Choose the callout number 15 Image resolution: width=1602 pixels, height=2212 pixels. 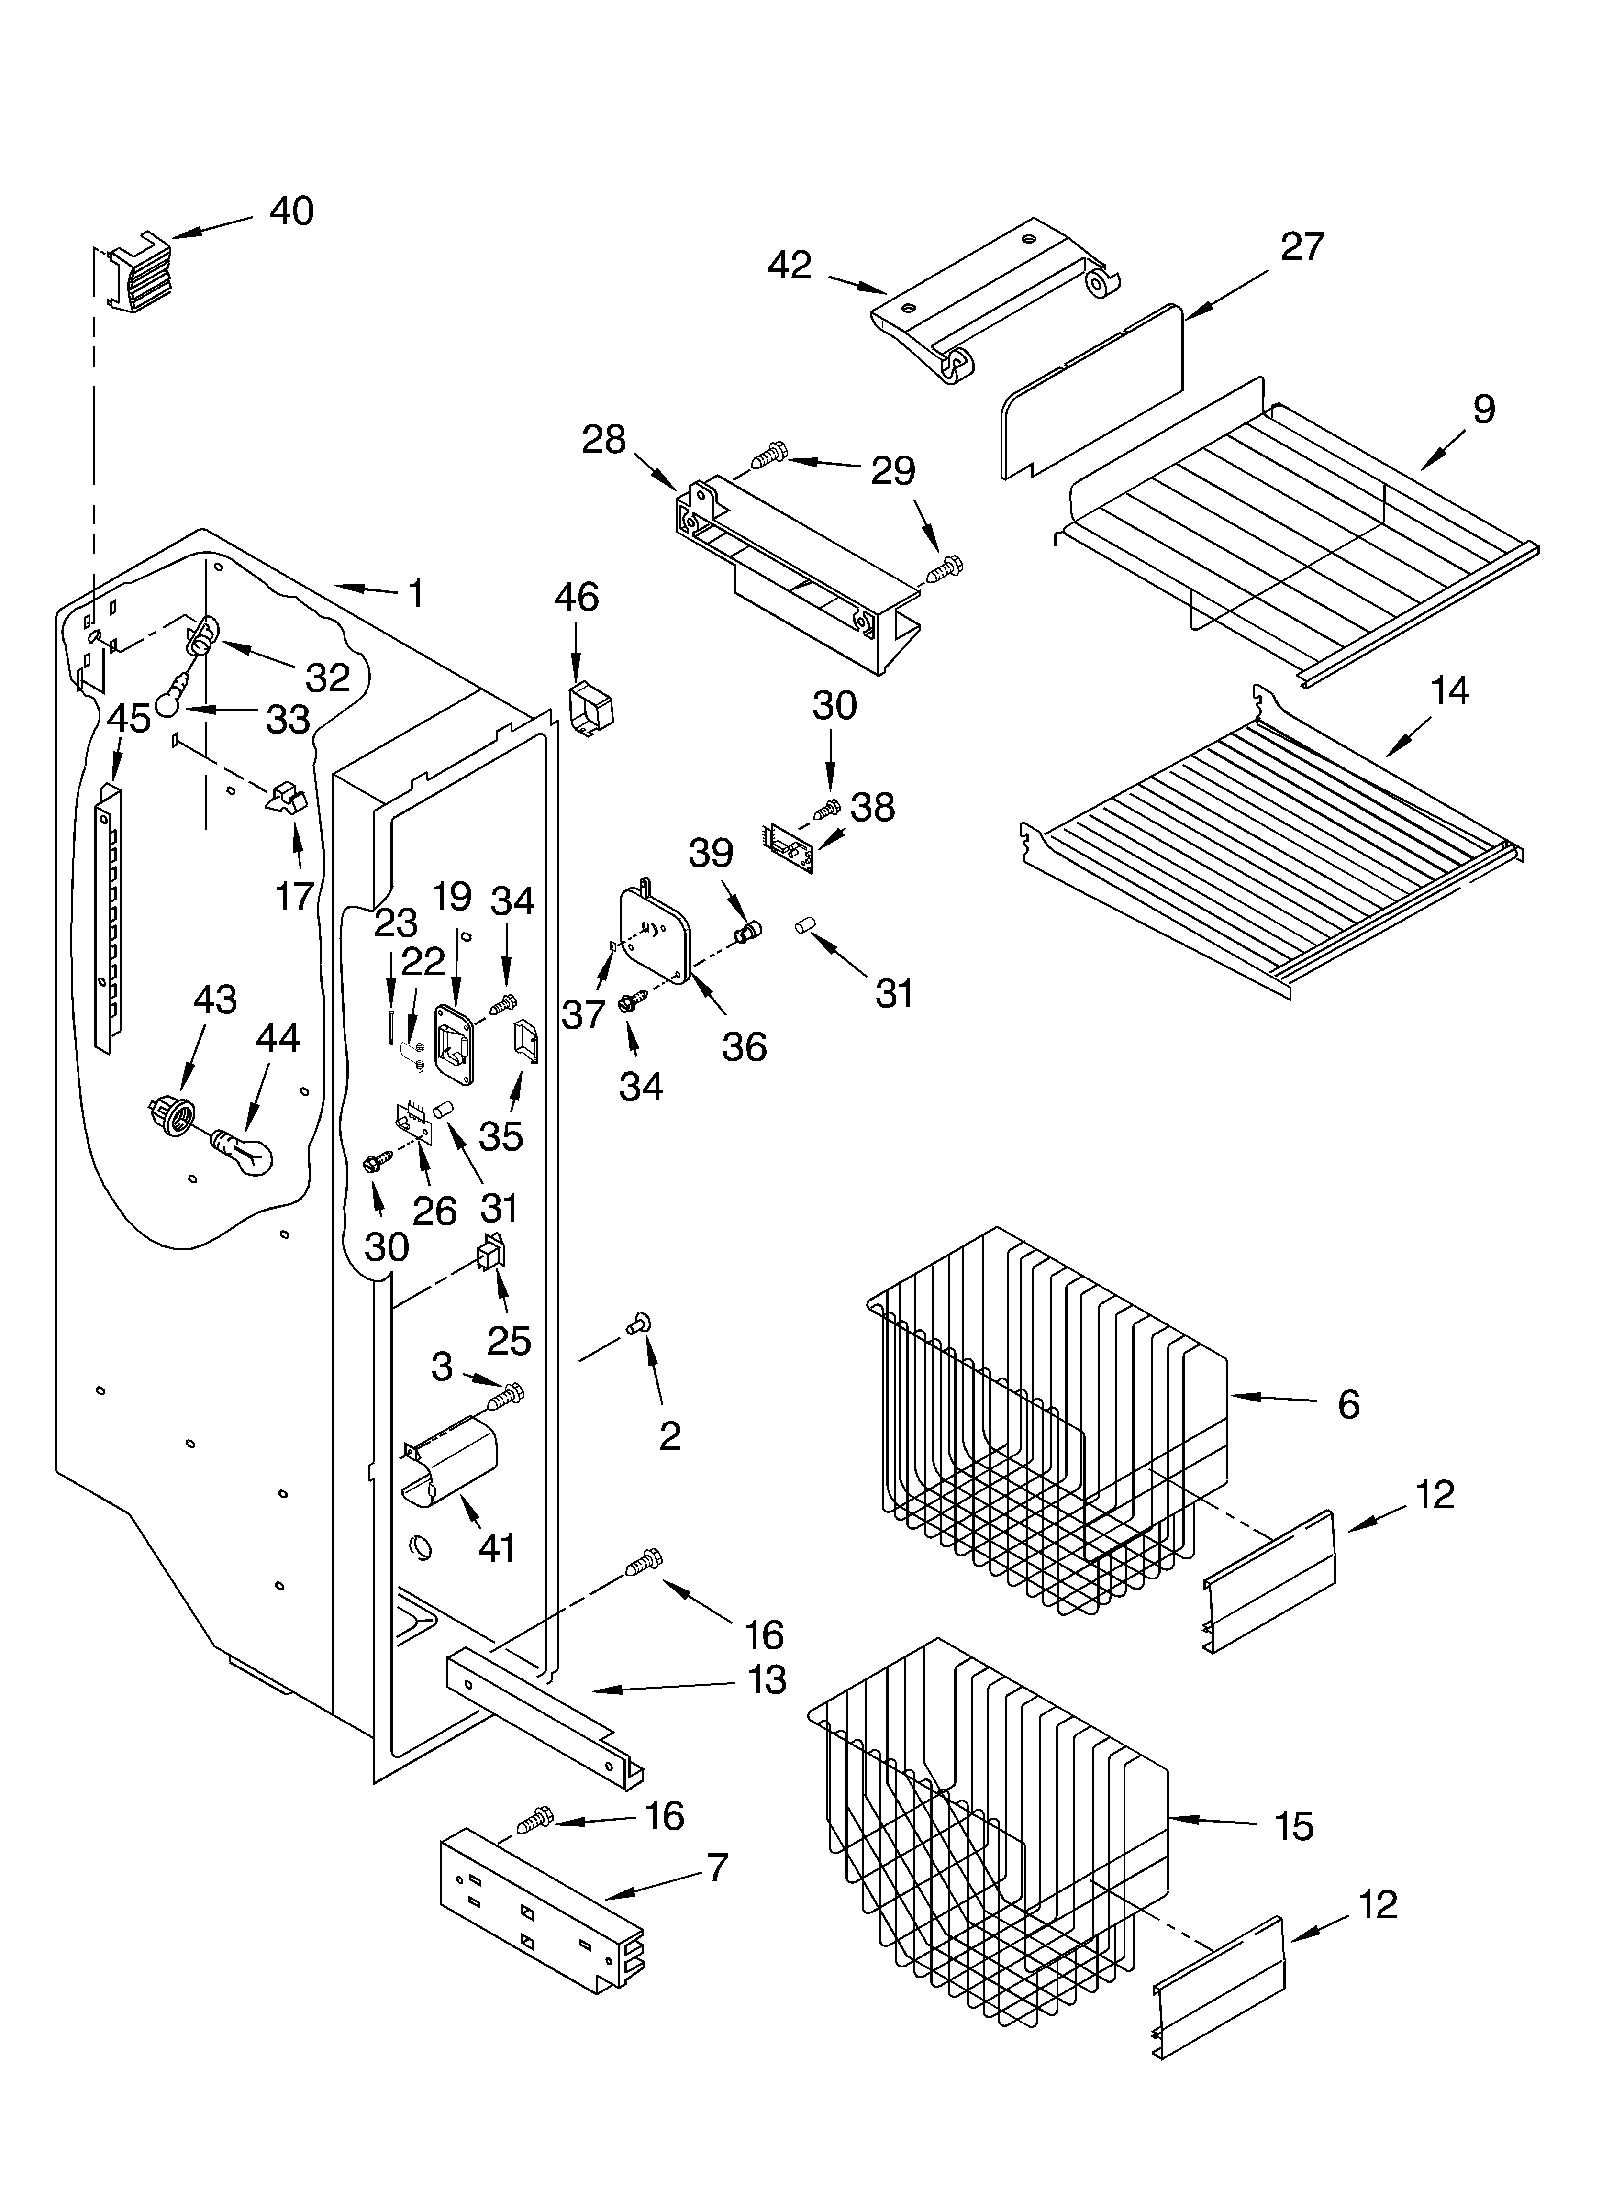1293,1826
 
